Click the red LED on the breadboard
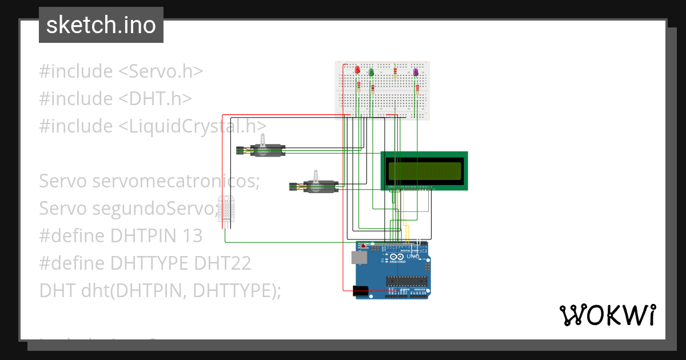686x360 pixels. point(358,70)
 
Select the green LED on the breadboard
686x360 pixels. point(372,71)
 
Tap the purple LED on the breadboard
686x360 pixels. point(416,71)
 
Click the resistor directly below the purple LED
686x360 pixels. point(418,89)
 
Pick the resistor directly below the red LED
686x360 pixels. point(358,87)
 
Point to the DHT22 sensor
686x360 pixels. point(226,208)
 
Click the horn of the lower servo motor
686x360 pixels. point(315,176)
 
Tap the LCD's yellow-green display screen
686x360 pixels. point(425,170)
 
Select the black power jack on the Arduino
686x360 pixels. point(361,291)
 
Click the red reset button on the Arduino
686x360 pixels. point(364,246)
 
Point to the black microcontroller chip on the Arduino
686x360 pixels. point(406,281)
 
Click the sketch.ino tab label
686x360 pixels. point(101,25)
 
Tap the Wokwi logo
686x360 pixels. point(607,315)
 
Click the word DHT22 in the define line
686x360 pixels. point(222,263)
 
